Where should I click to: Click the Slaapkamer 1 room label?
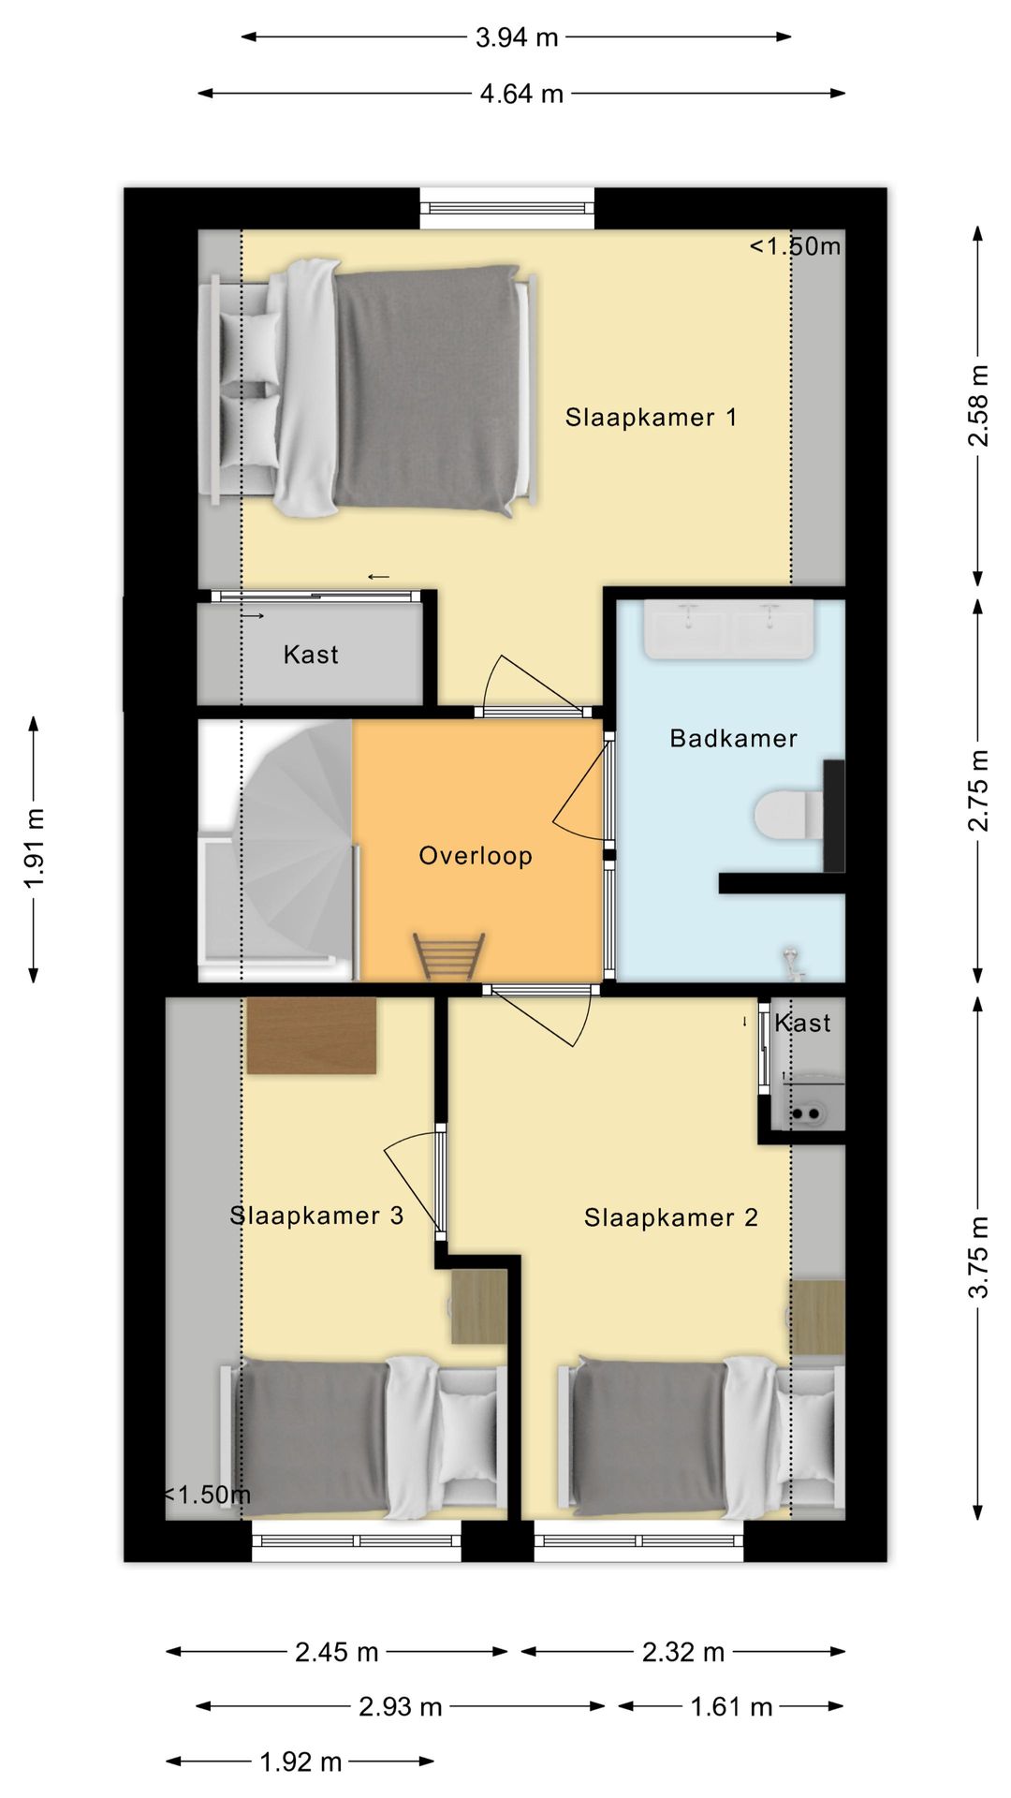point(651,418)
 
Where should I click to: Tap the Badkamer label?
point(734,738)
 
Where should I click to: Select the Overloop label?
point(476,856)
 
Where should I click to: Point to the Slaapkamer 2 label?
point(671,1217)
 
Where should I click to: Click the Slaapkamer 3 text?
point(316,1216)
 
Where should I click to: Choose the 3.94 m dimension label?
point(517,37)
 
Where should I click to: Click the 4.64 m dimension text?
point(521,94)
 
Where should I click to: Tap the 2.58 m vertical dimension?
point(977,405)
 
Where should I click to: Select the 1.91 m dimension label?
point(34,848)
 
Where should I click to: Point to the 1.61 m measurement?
point(731,1707)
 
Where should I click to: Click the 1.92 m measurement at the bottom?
point(300,1762)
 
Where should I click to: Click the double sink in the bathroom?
point(729,629)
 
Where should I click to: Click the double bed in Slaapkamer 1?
point(370,388)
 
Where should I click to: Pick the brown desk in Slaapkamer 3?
point(311,1035)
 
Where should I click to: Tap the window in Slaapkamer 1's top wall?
point(507,209)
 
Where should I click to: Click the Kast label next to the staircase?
point(311,655)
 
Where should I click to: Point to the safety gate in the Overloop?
point(449,956)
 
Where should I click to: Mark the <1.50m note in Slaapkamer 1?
point(795,246)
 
